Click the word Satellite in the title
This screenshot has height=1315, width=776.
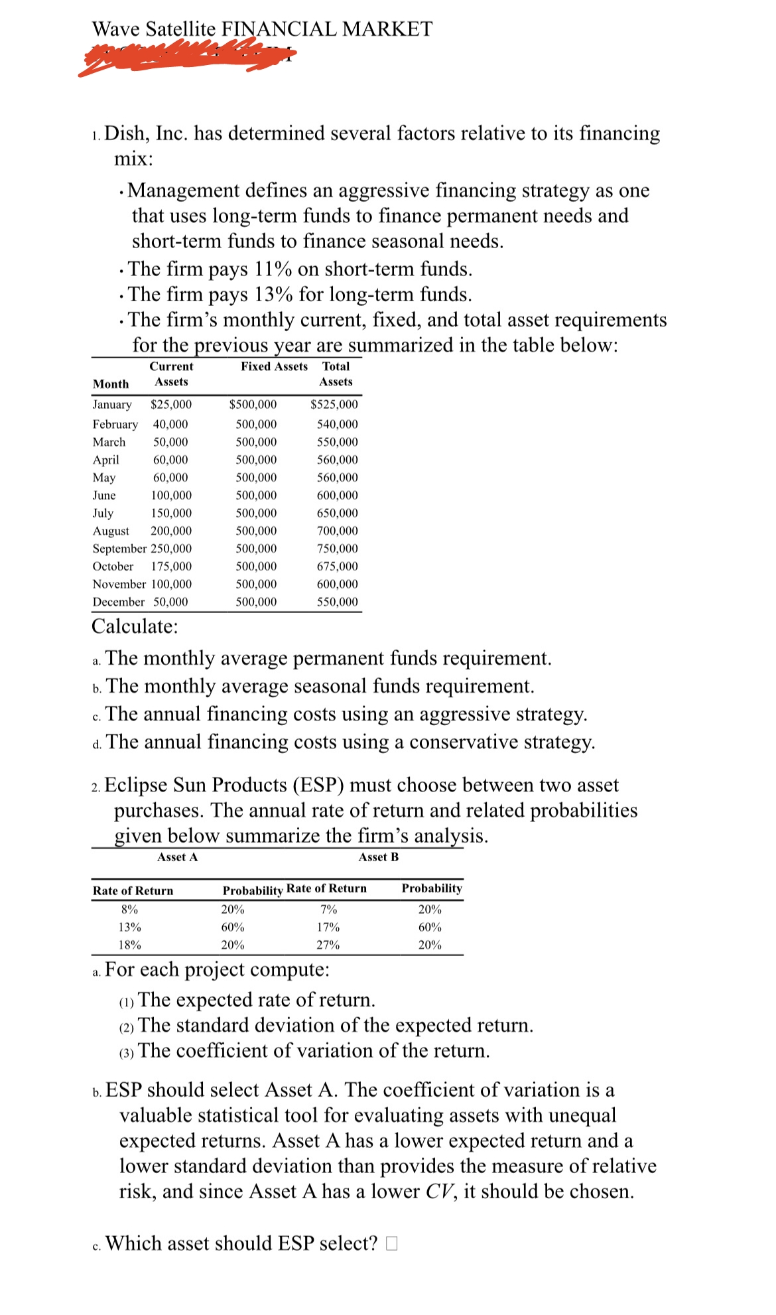point(180,29)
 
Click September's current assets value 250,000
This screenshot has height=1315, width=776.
point(171,549)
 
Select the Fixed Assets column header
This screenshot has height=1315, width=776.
point(274,366)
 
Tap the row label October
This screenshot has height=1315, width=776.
point(113,567)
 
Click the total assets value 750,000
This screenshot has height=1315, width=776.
point(337,549)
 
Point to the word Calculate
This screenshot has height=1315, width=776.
point(135,626)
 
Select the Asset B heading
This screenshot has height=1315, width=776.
point(378,857)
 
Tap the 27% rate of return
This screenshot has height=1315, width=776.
point(328,945)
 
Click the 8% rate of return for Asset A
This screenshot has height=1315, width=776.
point(129,910)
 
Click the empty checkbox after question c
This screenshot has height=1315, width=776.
point(391,1243)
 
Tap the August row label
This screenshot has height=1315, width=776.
point(111,531)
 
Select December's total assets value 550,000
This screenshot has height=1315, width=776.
point(337,602)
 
